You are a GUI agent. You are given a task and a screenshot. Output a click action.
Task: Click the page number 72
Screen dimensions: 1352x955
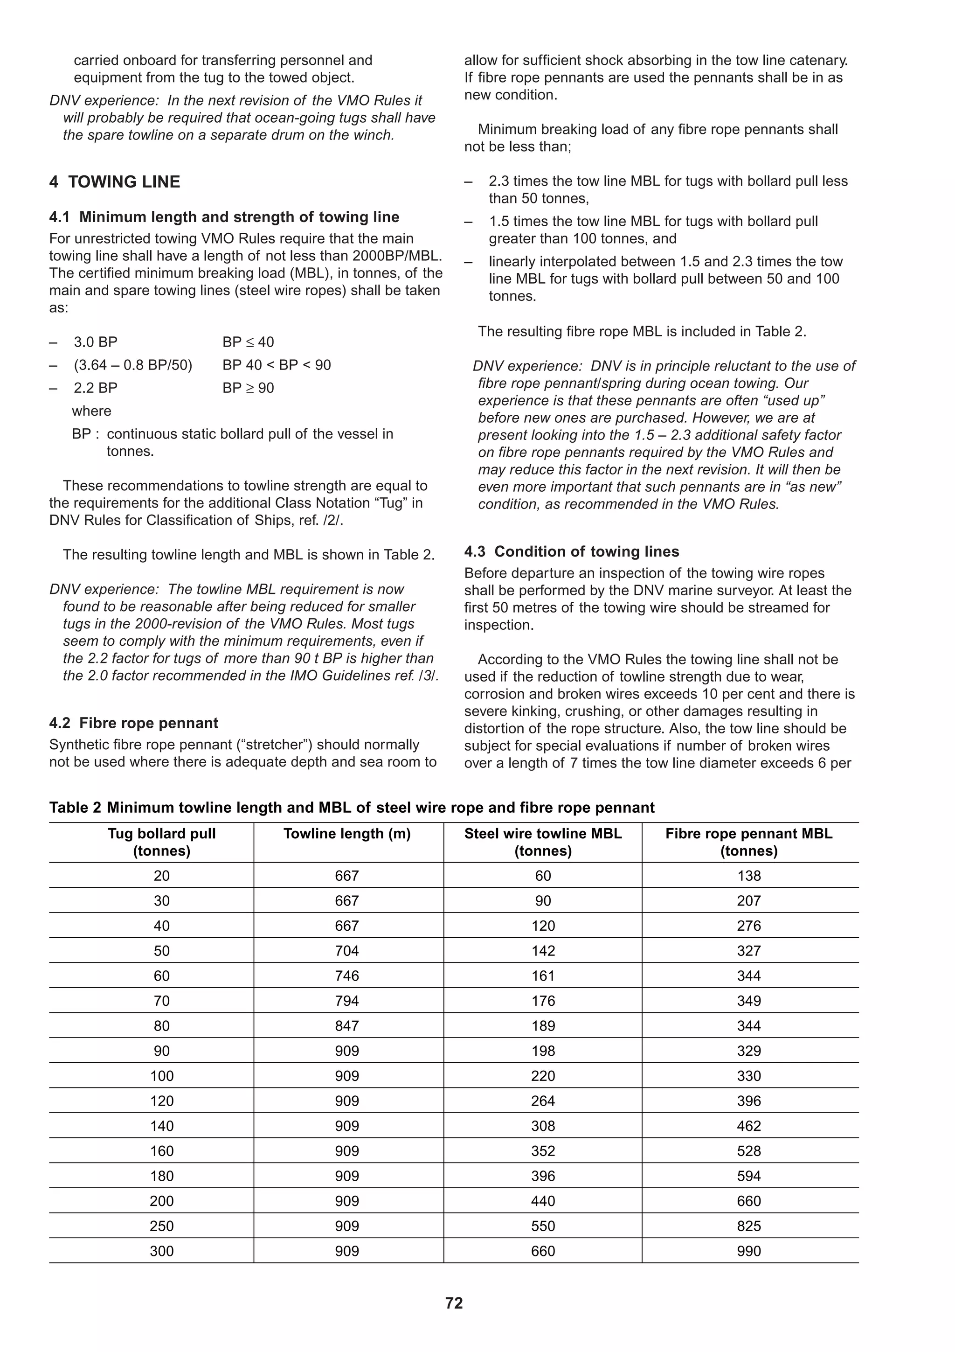pyautogui.click(x=454, y=1303)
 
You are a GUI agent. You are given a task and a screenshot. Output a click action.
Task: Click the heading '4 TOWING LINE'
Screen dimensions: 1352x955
pyautogui.click(x=115, y=181)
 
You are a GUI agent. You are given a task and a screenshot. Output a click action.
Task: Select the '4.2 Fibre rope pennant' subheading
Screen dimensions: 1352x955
pyautogui.click(x=133, y=723)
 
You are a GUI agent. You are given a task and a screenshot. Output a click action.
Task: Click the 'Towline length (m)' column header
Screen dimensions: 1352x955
pyautogui.click(x=346, y=833)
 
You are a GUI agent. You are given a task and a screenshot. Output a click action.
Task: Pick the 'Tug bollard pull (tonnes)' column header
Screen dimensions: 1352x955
pyautogui.click(x=162, y=842)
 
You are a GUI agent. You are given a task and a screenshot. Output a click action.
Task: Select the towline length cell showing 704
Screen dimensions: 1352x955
pyautogui.click(x=346, y=950)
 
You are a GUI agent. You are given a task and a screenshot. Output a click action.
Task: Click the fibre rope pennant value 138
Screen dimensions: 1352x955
pyautogui.click(x=748, y=876)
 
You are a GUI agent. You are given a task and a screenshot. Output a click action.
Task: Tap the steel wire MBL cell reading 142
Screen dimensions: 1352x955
pyautogui.click(x=542, y=950)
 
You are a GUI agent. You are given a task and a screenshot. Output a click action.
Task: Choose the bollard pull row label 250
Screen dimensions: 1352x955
pyautogui.click(x=162, y=1226)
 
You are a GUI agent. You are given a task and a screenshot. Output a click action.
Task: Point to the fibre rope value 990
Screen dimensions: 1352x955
pyautogui.click(x=748, y=1251)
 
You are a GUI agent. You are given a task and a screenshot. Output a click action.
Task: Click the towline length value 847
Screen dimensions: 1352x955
pyautogui.click(x=346, y=1026)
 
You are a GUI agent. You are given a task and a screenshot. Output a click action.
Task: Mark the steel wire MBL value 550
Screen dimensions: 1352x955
pyautogui.click(x=542, y=1226)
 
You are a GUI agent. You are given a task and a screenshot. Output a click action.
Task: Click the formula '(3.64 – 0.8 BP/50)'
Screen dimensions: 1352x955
pyautogui.click(x=133, y=365)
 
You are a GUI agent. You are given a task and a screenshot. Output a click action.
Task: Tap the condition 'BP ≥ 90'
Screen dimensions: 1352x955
pyautogui.click(x=249, y=388)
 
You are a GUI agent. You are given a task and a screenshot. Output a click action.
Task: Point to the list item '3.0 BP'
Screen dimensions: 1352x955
pyautogui.click(x=95, y=342)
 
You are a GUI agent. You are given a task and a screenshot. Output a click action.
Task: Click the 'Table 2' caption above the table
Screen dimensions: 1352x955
pyautogui.click(x=351, y=807)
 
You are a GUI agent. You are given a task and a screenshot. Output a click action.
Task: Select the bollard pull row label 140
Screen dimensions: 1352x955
pyautogui.click(x=162, y=1126)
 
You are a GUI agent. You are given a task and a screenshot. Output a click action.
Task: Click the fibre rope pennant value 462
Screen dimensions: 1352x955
pyautogui.click(x=748, y=1126)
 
